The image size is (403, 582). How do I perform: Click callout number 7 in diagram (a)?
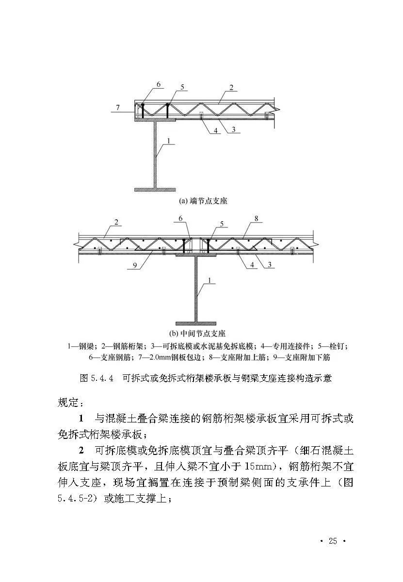117,106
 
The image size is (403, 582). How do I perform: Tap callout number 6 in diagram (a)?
158,84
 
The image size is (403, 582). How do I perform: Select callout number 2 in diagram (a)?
231,88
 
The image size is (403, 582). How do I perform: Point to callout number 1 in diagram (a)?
168,141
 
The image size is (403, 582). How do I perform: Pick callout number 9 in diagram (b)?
131,265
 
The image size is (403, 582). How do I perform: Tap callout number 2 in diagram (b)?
117,222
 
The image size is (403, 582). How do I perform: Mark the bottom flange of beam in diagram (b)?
196,323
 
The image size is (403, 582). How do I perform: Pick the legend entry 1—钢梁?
82,346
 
